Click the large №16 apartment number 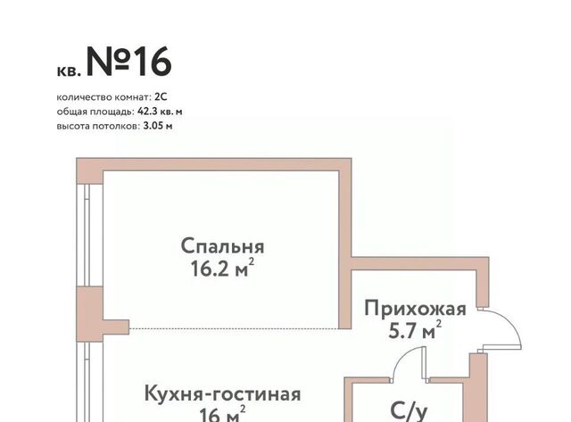(x=128, y=62)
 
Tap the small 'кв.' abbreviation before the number (x=68, y=71)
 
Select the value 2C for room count (x=161, y=97)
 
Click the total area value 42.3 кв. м (x=160, y=112)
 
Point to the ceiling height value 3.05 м (x=158, y=127)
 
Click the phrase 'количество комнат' (x=103, y=97)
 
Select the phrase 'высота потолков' (x=98, y=127)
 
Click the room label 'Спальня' (x=222, y=247)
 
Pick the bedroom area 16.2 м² (x=222, y=269)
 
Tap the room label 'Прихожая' (x=415, y=309)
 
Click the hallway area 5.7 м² (x=415, y=330)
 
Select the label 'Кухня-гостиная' (x=222, y=394)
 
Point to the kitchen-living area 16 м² (x=222, y=414)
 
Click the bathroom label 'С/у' (x=409, y=410)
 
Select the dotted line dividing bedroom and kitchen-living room (x=234, y=329)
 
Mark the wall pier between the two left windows (x=90, y=314)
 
